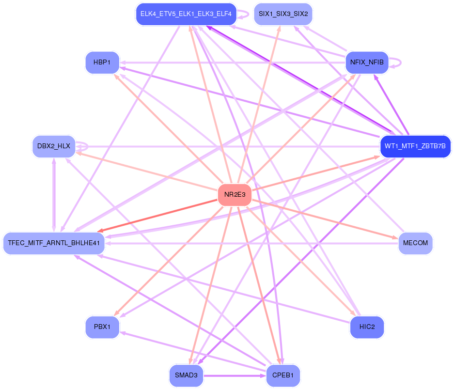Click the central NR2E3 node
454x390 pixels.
[x=235, y=195]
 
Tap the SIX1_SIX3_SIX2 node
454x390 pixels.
[x=283, y=14]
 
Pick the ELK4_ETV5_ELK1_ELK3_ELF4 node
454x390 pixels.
[x=186, y=14]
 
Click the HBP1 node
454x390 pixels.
[x=102, y=62]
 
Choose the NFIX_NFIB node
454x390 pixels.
[x=367, y=62]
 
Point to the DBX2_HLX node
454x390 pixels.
[x=53, y=146]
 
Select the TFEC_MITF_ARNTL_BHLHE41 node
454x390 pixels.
[x=54, y=243]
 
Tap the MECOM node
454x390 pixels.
[x=415, y=243]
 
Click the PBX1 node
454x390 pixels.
[x=102, y=327]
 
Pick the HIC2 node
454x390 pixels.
[x=367, y=327]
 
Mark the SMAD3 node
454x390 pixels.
[x=186, y=375]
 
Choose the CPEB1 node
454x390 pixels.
[x=283, y=375]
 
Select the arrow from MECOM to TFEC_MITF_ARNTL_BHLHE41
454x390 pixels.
[x=252, y=243]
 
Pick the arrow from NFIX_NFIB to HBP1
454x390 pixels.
[x=233, y=62]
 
